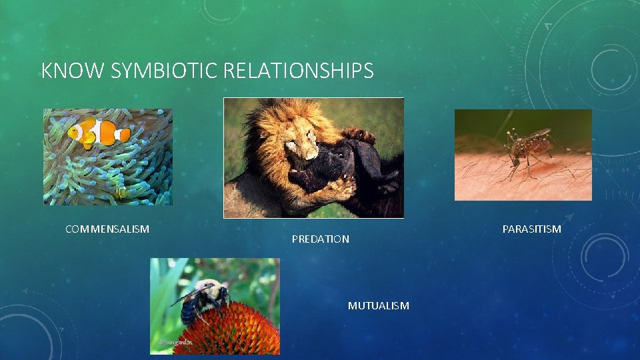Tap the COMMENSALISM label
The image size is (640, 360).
pyautogui.click(x=107, y=229)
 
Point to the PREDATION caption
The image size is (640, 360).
pyautogui.click(x=320, y=239)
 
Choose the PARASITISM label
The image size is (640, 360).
pyautogui.click(x=531, y=229)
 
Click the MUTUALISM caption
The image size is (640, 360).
pyautogui.click(x=378, y=305)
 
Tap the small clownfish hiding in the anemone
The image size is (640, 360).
pyautogui.click(x=120, y=193)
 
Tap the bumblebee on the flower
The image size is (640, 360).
pyautogui.click(x=203, y=297)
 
